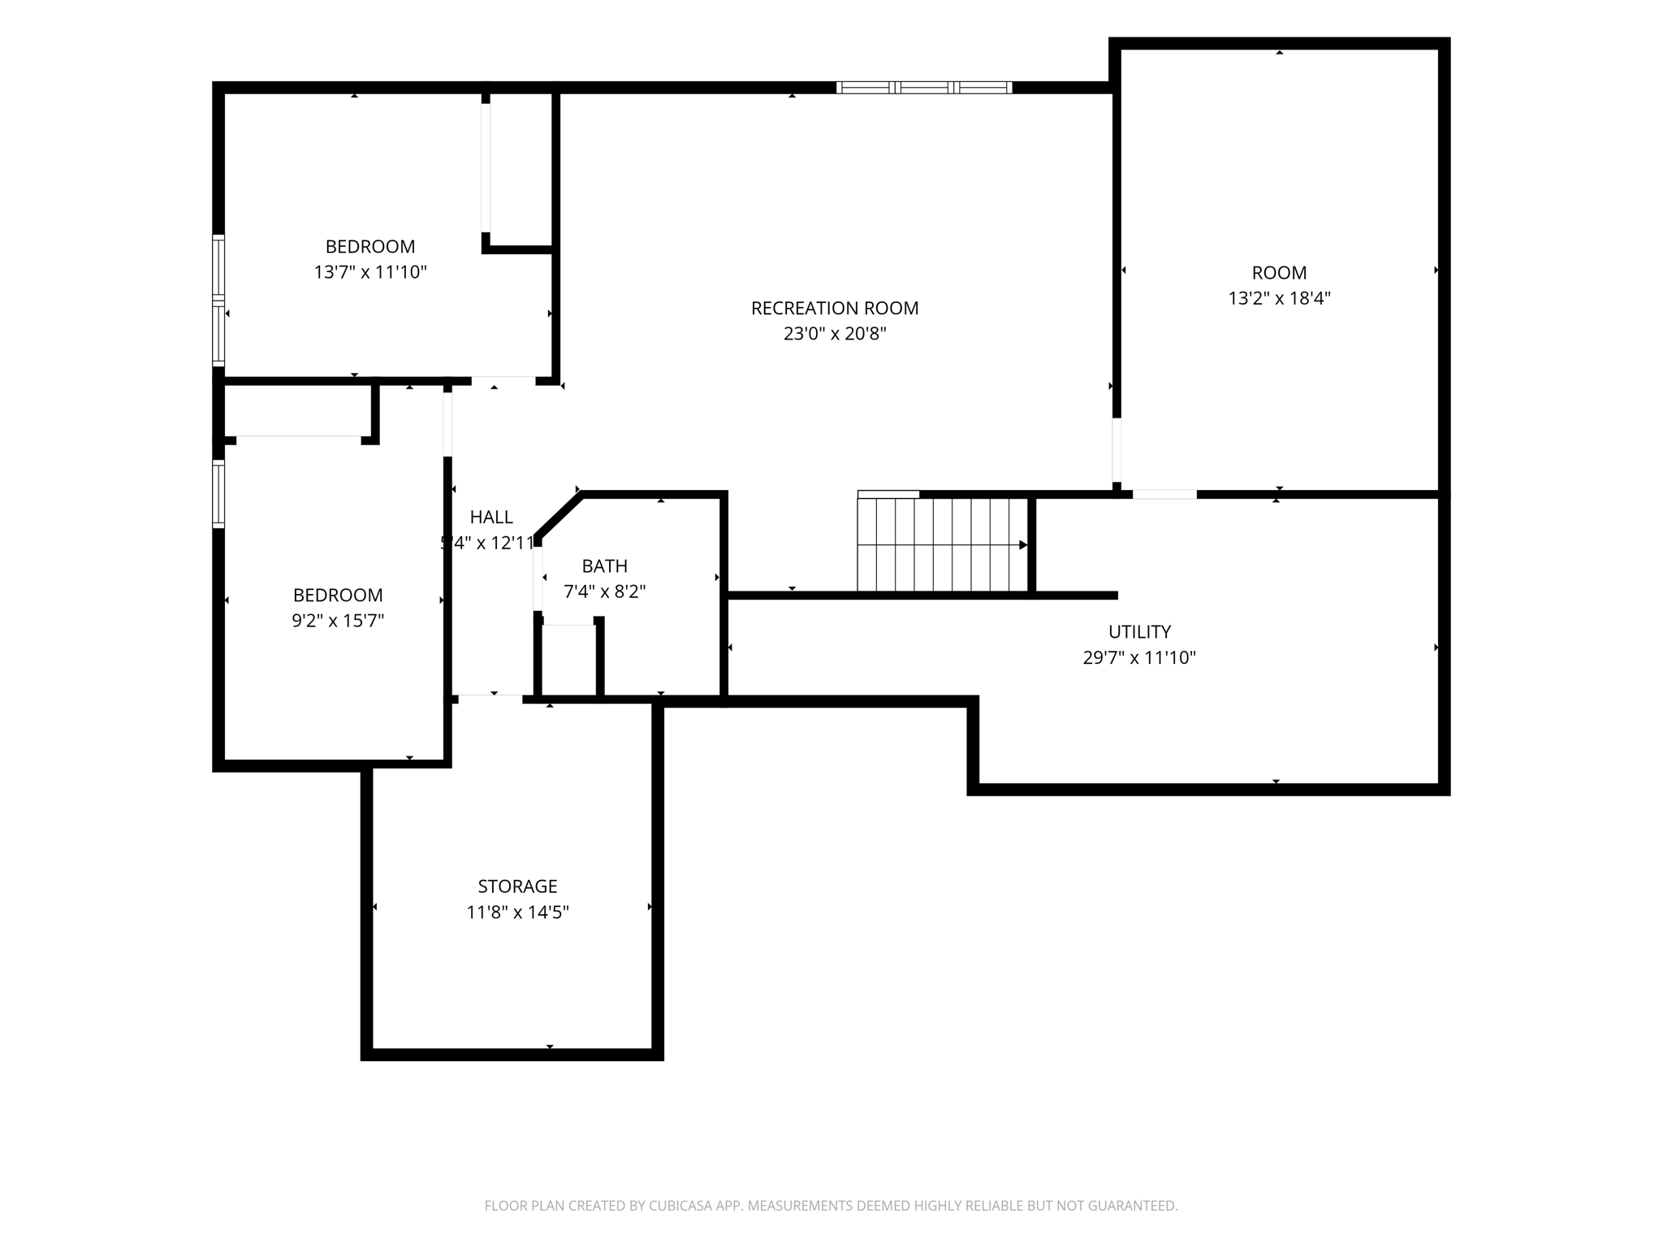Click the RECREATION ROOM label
pyautogui.click(x=835, y=309)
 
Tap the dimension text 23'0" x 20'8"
pyautogui.click(x=835, y=334)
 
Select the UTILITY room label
pyautogui.click(x=1139, y=632)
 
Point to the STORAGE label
pyautogui.click(x=517, y=886)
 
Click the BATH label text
pyautogui.click(x=605, y=566)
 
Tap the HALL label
pyautogui.click(x=491, y=518)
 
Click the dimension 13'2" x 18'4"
pyautogui.click(x=1279, y=298)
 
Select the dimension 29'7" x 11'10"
pyautogui.click(x=1139, y=658)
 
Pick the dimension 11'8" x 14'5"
pyautogui.click(x=517, y=912)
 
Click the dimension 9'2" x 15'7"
pyautogui.click(x=338, y=621)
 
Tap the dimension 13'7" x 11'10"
pyautogui.click(x=370, y=272)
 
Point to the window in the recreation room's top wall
pyautogui.click(x=924, y=88)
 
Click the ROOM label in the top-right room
pyautogui.click(x=1279, y=273)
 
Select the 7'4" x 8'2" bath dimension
pyautogui.click(x=605, y=591)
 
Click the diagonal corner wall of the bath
pyautogui.click(x=559, y=516)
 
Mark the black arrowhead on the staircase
pyautogui.click(x=1023, y=545)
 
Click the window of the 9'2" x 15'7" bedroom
pyautogui.click(x=218, y=494)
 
